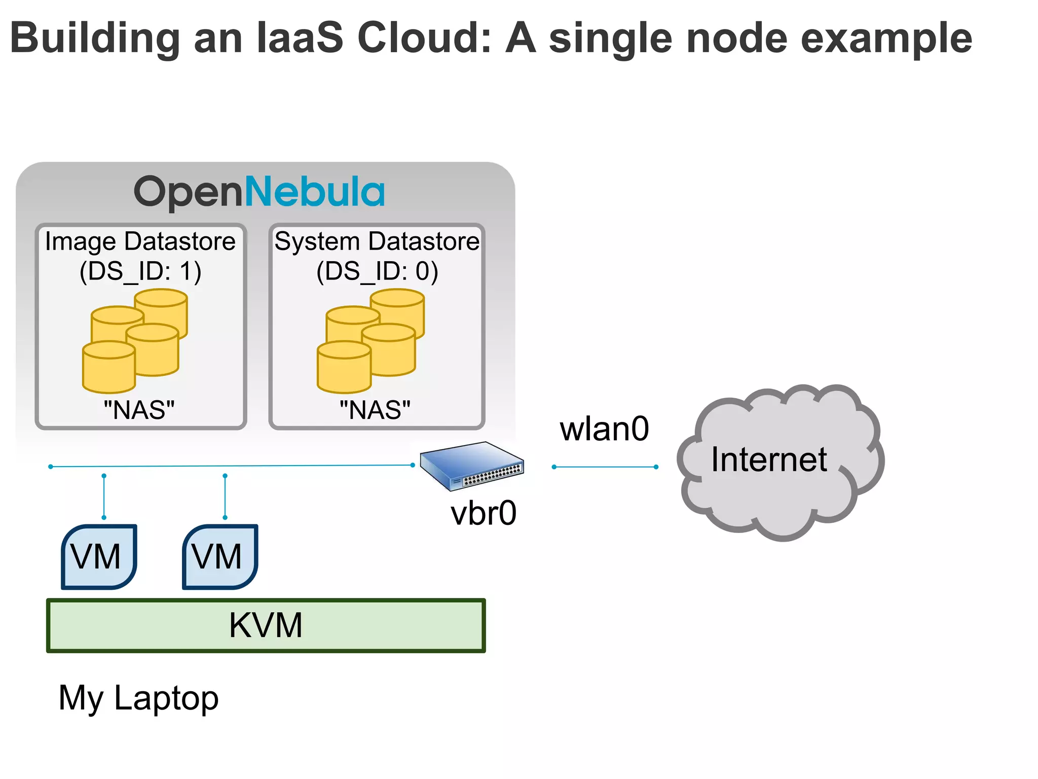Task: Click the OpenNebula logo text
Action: coord(259,192)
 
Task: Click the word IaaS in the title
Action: coord(300,38)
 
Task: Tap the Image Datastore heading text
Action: coord(140,241)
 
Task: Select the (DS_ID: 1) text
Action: coord(140,271)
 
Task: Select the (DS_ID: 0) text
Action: coord(377,271)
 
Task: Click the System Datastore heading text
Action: coord(377,241)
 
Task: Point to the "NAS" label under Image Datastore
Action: coord(139,410)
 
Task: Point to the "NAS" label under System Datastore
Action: coord(375,410)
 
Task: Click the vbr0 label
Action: coord(484,513)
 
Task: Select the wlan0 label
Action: coord(604,429)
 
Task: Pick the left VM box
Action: coord(99,557)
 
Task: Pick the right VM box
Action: coord(220,557)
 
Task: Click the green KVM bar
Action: coord(266,625)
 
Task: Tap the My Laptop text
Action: coord(138,698)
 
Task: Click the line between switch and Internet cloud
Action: coord(605,467)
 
